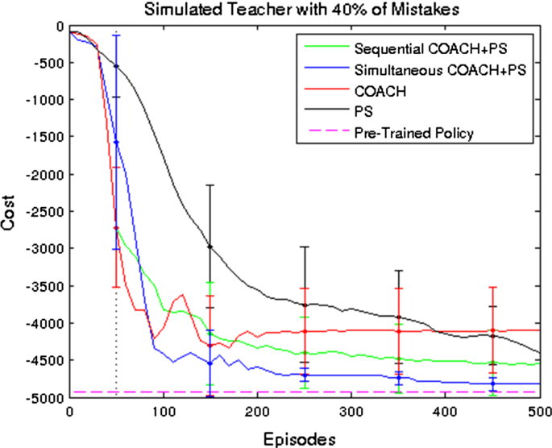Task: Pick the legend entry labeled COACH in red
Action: click(x=380, y=92)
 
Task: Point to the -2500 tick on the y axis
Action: click(x=45, y=211)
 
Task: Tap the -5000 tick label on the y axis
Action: click(x=45, y=398)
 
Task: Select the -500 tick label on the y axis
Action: click(x=48, y=62)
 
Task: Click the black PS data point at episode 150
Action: click(x=210, y=247)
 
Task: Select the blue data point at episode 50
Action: click(x=117, y=142)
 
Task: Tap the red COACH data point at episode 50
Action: click(x=117, y=228)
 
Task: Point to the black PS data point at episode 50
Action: click(x=117, y=66)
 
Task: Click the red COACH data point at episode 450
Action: click(x=492, y=330)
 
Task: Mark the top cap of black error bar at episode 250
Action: click(x=305, y=247)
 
